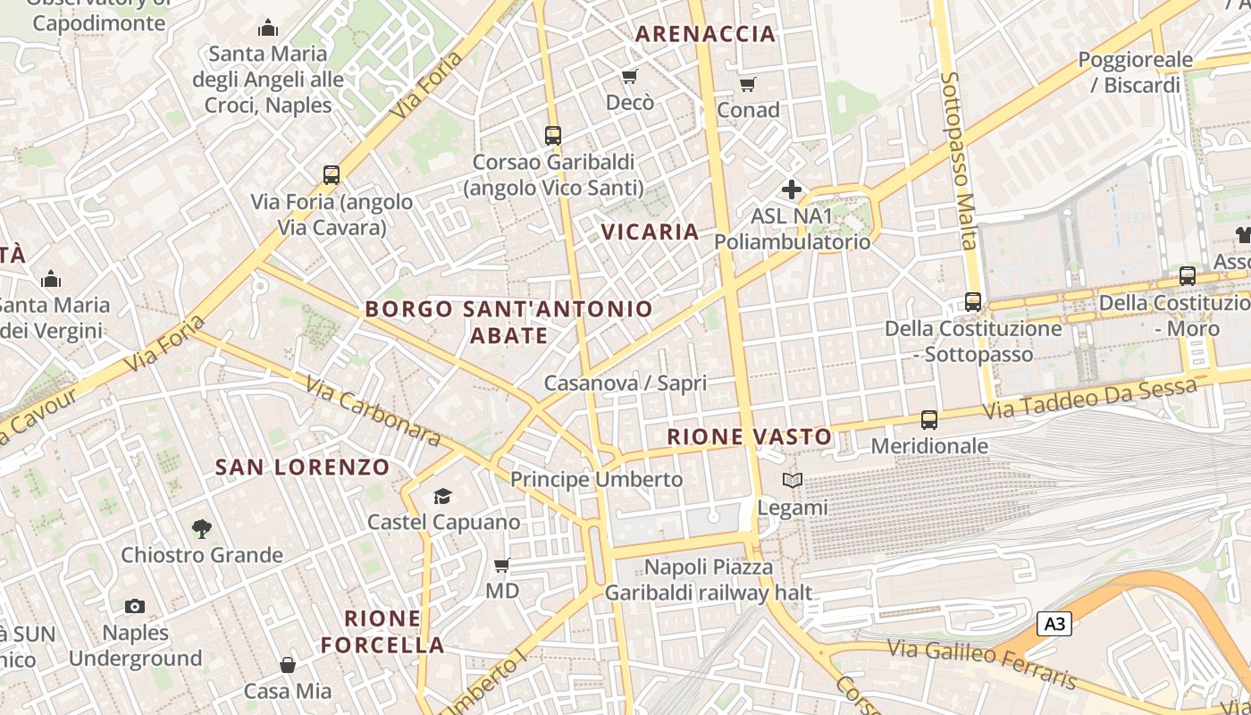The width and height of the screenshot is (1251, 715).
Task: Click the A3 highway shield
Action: click(x=1054, y=623)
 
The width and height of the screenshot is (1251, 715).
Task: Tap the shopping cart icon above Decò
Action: click(x=630, y=76)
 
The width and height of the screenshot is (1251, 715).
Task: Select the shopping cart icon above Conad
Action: click(x=748, y=84)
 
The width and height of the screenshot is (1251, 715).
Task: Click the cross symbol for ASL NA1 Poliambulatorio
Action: click(x=792, y=189)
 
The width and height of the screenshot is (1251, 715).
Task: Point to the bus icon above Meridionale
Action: click(x=929, y=419)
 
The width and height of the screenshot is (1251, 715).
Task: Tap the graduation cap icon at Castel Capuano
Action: click(x=442, y=496)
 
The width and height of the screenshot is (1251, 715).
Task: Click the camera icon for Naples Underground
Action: click(x=135, y=607)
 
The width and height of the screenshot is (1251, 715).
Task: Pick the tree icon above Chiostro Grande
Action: click(x=202, y=528)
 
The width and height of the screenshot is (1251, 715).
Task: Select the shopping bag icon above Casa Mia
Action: click(x=288, y=665)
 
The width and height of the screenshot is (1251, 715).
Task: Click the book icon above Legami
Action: click(x=792, y=481)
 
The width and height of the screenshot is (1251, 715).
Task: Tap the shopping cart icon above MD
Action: click(x=502, y=565)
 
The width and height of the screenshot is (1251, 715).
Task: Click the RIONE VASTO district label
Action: click(x=751, y=437)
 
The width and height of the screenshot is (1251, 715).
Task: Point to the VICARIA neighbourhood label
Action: click(x=650, y=232)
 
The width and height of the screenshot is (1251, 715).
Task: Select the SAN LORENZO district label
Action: click(x=303, y=467)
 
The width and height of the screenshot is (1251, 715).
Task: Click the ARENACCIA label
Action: click(x=705, y=34)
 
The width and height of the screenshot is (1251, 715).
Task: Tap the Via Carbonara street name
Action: click(x=374, y=410)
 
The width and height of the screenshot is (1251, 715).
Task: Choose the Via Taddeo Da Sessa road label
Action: click(x=1089, y=400)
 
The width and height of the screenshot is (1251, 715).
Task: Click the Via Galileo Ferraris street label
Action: click(x=982, y=663)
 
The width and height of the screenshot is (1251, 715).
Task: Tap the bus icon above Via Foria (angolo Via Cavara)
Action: click(x=332, y=175)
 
